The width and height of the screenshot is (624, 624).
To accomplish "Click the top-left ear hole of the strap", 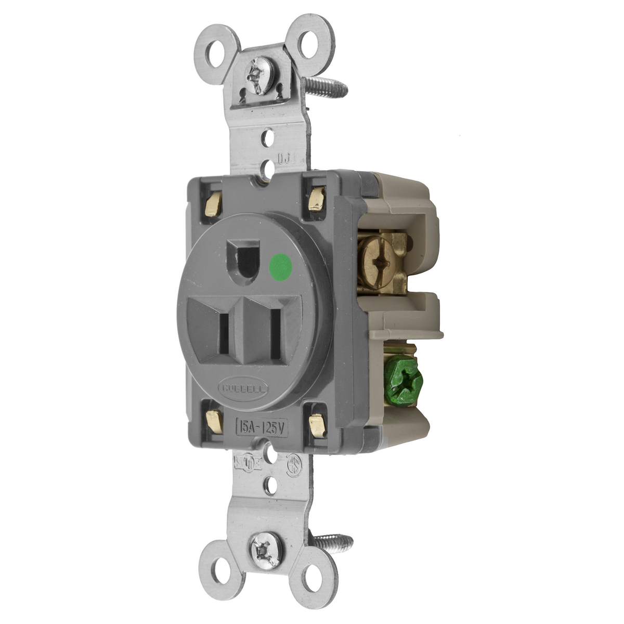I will click(x=217, y=51).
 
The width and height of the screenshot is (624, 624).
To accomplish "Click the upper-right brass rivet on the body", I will click(x=316, y=200).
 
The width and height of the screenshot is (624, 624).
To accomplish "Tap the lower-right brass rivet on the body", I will click(x=317, y=425).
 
